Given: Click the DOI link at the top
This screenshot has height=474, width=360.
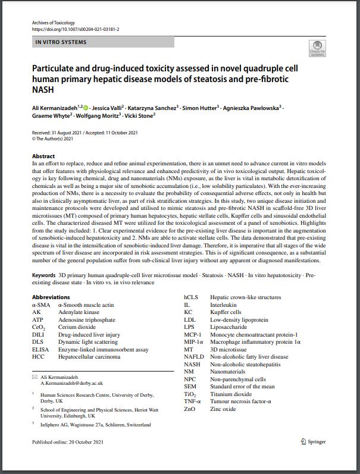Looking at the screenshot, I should [76, 29].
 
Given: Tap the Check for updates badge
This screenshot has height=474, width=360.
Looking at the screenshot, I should [317, 49].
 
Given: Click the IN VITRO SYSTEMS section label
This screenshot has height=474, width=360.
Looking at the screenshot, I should [61, 42].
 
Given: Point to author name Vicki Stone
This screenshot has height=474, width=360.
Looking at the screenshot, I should [141, 116].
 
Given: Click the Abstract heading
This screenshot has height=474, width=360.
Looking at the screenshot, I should [43, 156].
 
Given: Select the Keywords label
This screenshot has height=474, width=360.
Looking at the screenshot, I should [44, 275].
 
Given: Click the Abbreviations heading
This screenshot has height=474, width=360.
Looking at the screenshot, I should [51, 297].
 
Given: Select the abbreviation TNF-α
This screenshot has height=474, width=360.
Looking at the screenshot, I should [193, 401].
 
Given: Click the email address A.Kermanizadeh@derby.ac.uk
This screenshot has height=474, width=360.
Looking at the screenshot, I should [71, 384].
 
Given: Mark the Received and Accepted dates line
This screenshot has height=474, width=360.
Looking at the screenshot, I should [85, 133].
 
